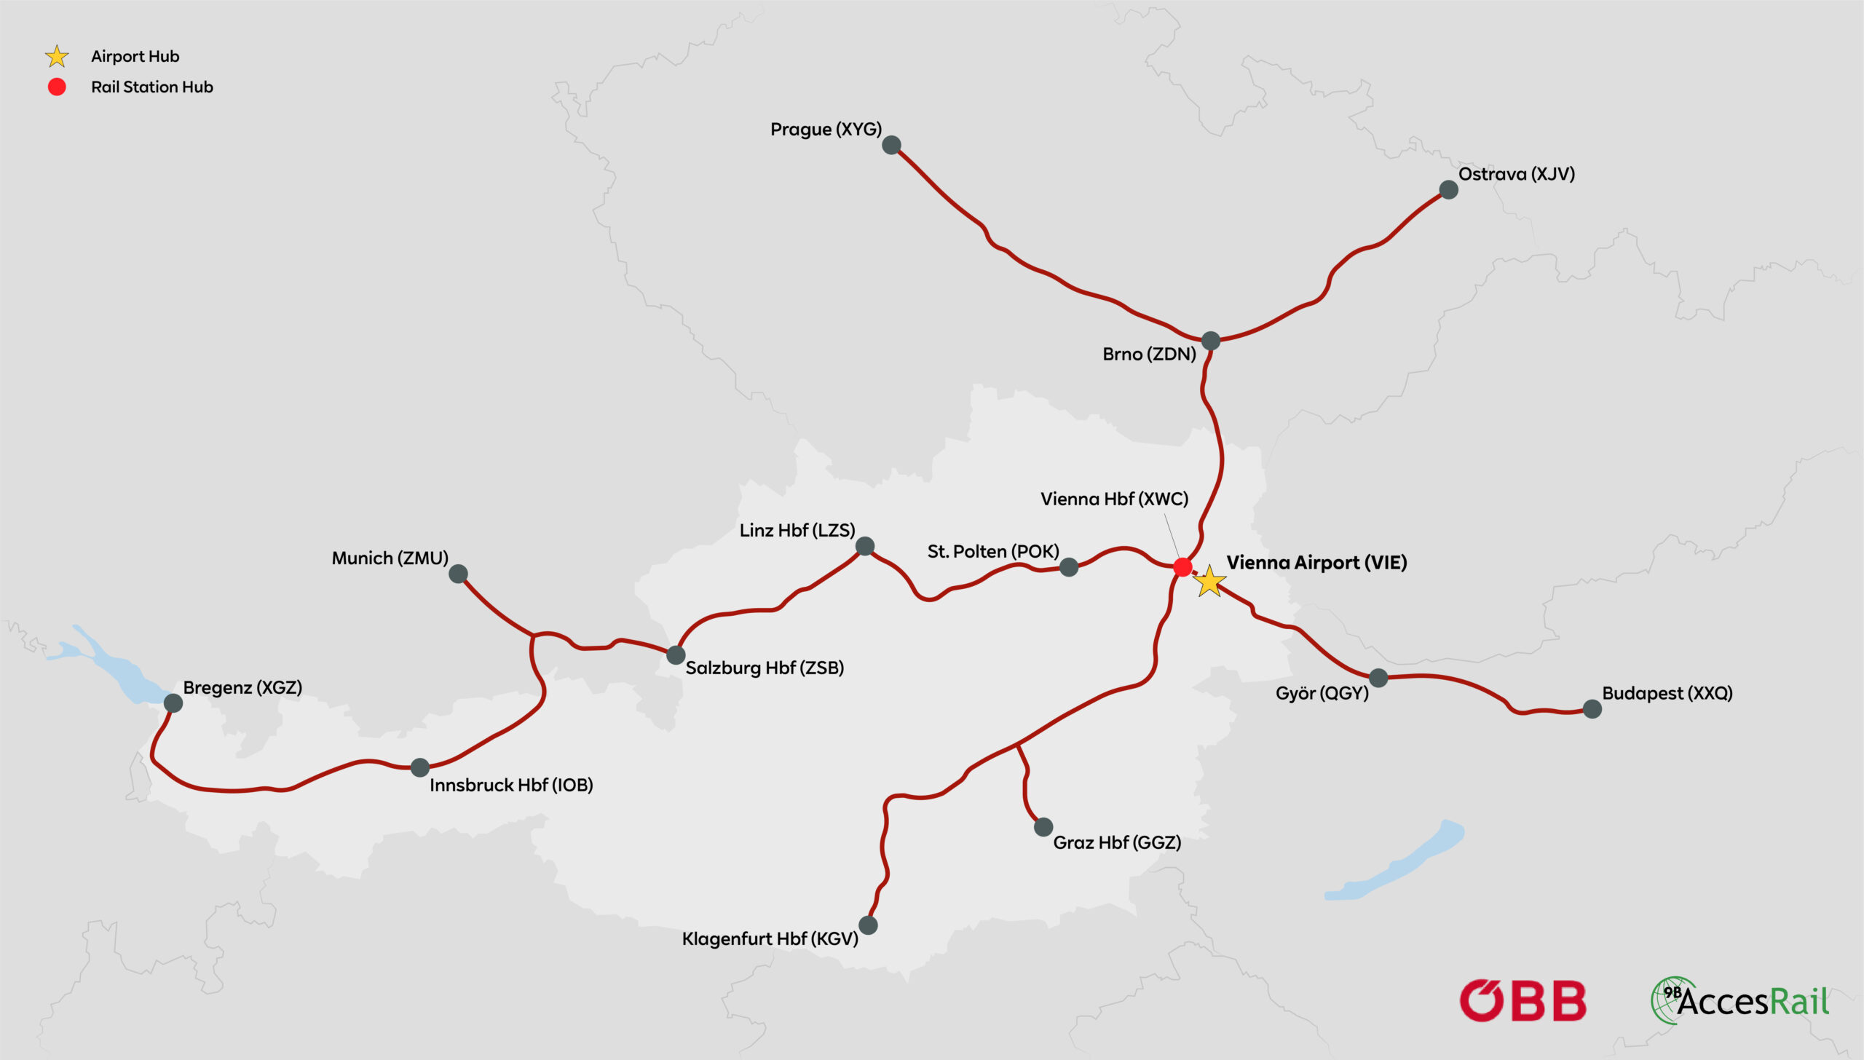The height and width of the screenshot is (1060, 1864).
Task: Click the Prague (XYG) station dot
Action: (891, 146)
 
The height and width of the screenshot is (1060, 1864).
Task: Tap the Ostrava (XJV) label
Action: (1516, 174)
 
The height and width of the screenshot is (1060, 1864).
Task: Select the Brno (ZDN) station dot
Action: (1210, 340)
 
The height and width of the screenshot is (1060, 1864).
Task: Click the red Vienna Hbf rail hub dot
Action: (1183, 566)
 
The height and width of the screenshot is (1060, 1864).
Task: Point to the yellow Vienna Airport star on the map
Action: (1209, 582)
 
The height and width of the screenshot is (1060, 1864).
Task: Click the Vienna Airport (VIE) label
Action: (1316, 562)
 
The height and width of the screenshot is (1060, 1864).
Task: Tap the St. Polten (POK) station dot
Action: (1068, 567)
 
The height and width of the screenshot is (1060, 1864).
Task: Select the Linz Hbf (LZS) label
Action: (797, 530)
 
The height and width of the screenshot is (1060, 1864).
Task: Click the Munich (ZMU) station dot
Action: (458, 574)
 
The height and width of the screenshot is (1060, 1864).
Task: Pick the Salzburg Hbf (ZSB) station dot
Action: (676, 654)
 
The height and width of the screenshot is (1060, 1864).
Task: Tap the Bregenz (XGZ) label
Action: (242, 687)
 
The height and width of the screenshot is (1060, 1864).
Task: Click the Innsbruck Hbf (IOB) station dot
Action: (420, 767)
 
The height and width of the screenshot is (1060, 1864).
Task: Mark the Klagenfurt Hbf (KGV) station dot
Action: (868, 925)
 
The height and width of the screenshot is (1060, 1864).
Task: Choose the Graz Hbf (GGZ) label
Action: (1117, 842)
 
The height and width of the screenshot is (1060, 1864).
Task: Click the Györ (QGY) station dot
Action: (1378, 678)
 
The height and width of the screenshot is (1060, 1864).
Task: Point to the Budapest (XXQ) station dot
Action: (1592, 708)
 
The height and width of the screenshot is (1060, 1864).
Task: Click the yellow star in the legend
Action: (57, 56)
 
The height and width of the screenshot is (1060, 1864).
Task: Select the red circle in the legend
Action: (57, 87)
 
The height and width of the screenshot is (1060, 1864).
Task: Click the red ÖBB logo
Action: (1523, 1000)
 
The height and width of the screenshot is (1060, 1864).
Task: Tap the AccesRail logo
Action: (1739, 1000)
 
